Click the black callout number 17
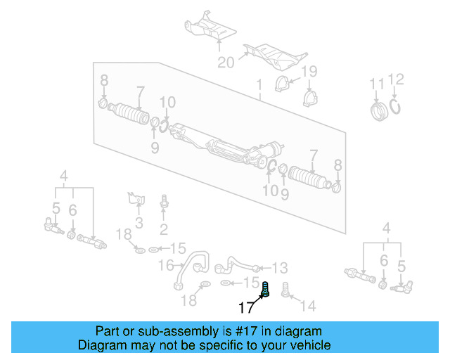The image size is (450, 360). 245,307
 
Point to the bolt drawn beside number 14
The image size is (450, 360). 287,289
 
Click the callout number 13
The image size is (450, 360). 280,268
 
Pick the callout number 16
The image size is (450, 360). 166,265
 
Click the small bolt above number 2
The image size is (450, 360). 164,202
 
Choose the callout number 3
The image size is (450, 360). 139,224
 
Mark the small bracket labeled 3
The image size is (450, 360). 136,198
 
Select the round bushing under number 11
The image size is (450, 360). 379,111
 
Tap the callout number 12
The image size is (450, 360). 397,79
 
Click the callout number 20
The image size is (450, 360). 225,63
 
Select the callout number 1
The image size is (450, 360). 259,86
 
